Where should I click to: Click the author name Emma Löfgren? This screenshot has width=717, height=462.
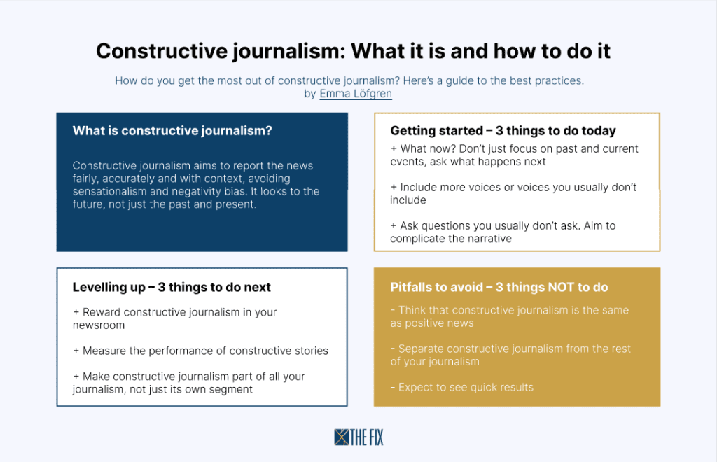click(356, 94)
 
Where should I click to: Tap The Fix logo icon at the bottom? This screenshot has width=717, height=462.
click(341, 437)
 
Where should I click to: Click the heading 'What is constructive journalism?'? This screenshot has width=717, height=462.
click(172, 131)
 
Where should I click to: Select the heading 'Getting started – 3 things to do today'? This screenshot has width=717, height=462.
click(503, 131)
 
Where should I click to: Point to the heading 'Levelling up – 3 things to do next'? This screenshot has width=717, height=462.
click(172, 287)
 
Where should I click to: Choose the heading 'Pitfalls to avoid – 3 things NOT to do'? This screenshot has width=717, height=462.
click(499, 287)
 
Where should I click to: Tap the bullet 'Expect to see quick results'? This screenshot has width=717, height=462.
click(462, 387)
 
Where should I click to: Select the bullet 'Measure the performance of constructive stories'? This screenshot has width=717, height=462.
click(200, 351)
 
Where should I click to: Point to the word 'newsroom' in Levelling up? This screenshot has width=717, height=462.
click(99, 325)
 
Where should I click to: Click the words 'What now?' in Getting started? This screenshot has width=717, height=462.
click(428, 148)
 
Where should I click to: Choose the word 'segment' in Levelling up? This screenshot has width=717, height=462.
click(231, 389)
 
